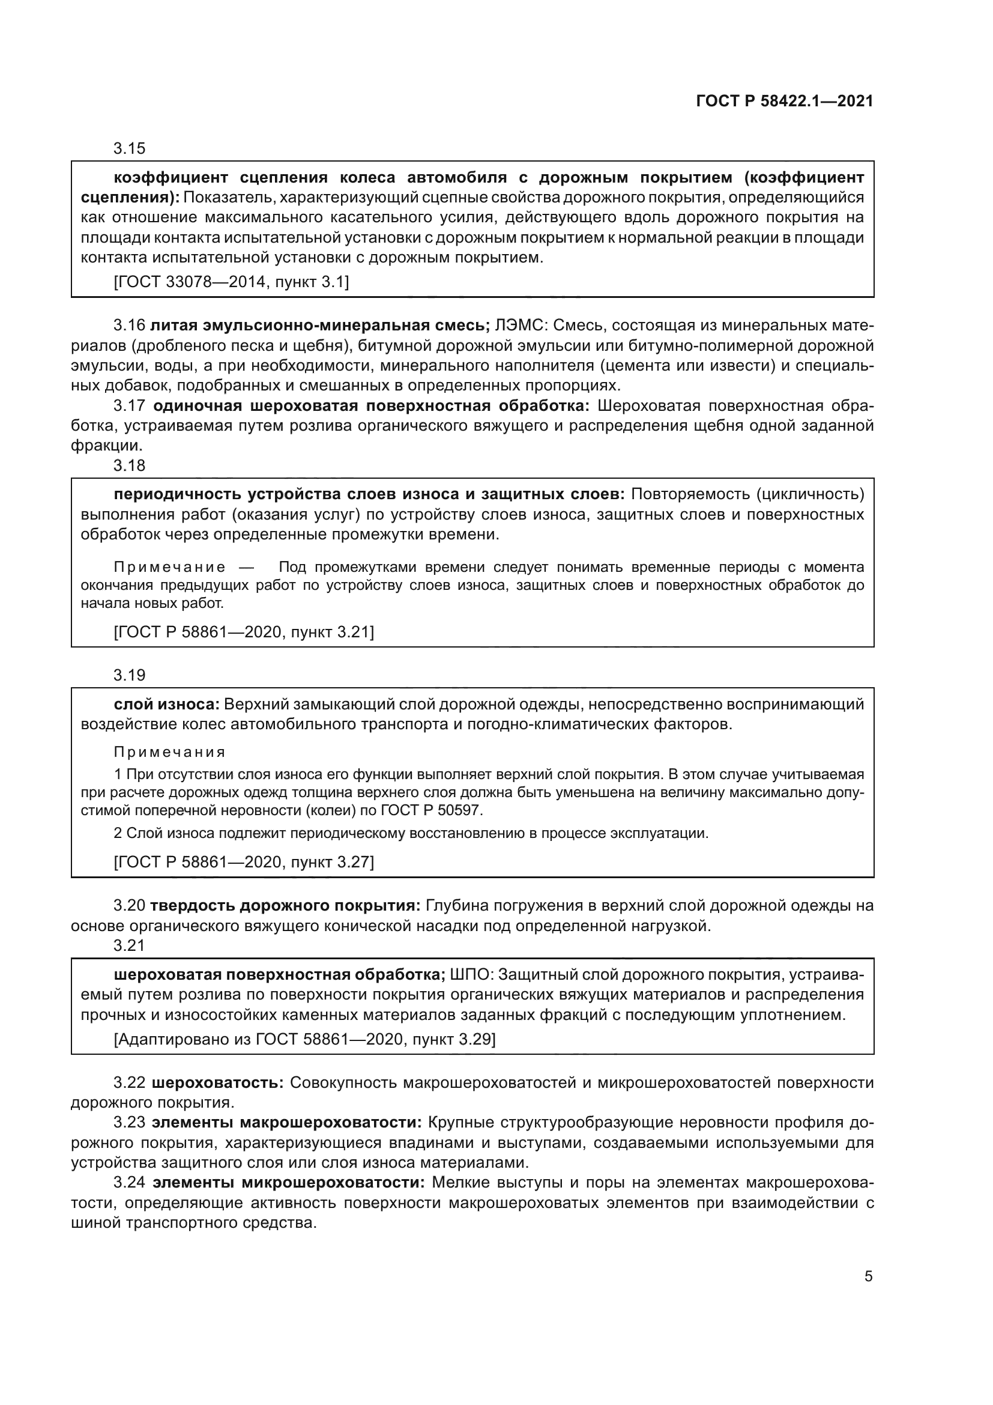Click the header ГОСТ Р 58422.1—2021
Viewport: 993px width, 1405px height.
(x=785, y=102)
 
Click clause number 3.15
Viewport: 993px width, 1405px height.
(x=129, y=148)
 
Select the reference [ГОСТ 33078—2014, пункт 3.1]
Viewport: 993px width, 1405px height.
(x=231, y=282)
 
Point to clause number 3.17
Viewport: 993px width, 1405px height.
(x=129, y=405)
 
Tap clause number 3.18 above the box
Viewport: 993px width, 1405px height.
(x=129, y=466)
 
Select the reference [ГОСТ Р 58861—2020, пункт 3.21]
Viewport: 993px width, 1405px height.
(x=243, y=631)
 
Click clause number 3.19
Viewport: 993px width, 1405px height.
(x=129, y=675)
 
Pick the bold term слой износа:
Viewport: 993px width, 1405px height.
(x=166, y=705)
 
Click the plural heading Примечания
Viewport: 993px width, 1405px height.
(x=170, y=752)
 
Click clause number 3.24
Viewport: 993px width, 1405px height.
(x=129, y=1183)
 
